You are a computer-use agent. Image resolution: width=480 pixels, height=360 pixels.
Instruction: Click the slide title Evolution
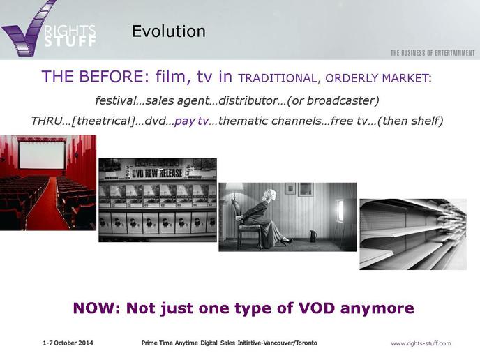click(x=169, y=31)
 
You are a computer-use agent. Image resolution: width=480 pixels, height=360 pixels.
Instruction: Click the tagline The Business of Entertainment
click(x=433, y=53)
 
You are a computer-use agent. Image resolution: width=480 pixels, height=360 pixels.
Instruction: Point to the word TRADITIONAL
click(x=278, y=78)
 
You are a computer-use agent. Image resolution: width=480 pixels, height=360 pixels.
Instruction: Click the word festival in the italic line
click(x=115, y=100)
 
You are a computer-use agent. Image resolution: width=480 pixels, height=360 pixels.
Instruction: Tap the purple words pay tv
click(x=191, y=121)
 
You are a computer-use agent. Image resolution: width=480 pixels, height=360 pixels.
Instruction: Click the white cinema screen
click(x=43, y=155)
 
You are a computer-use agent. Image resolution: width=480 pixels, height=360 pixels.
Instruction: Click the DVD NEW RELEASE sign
click(x=157, y=173)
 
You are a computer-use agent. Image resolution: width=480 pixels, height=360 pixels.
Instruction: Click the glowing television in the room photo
click(x=340, y=210)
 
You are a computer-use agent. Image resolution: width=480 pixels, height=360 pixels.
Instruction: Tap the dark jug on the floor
click(x=313, y=237)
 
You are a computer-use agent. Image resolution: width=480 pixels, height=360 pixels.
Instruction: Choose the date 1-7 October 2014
click(x=68, y=343)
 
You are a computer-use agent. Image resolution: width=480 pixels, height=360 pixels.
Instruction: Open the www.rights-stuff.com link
click(x=421, y=343)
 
